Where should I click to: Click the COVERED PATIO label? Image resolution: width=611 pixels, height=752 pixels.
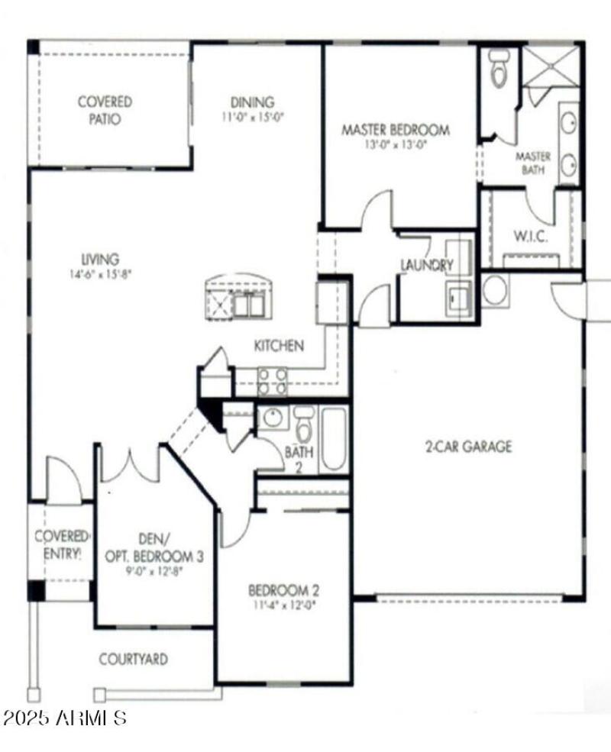coord(105,110)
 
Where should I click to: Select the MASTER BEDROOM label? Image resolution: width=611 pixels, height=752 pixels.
coord(395,129)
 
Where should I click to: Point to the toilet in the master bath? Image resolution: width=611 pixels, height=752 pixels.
coord(499,68)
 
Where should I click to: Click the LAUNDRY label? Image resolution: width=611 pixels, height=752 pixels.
coord(426,265)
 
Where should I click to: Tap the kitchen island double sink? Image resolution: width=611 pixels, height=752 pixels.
coord(248,305)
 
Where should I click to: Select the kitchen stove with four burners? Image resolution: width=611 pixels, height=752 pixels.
coord(272,381)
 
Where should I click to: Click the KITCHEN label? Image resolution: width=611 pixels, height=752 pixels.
coord(279,346)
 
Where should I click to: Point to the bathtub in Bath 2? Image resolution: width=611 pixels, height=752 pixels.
coord(334,440)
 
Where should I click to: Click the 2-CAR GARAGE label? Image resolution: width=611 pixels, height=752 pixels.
coord(468,447)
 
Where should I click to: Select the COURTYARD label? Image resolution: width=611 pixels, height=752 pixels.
coord(133,659)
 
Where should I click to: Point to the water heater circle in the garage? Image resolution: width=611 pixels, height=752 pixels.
coord(495,290)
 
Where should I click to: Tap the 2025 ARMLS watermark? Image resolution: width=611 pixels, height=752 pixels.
coord(64,718)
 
